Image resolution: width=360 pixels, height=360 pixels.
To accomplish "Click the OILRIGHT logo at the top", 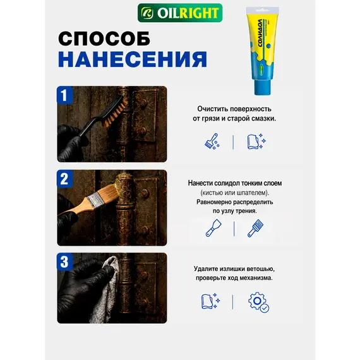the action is pos(180,13).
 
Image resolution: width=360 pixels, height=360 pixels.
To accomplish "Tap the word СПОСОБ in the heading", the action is pos(104,39).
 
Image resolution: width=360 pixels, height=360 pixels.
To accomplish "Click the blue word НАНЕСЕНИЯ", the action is pos(133,59).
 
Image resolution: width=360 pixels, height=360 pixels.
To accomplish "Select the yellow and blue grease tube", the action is pos(263,51).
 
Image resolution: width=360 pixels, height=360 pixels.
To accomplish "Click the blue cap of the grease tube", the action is pos(262,87).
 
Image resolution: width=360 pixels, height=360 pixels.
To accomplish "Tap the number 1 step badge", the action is pos(64,95).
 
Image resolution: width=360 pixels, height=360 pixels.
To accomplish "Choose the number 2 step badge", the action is pos(64,179).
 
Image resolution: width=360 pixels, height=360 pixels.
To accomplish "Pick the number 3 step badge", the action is pos(64,261).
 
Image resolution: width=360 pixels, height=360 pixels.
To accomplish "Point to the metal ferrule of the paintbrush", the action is pos(94,200).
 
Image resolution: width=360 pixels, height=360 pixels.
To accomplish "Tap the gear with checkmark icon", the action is pos(259,302).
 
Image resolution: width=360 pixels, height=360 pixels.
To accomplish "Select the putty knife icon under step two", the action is pos(213,228).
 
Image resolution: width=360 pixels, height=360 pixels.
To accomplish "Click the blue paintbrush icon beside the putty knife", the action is pos(255,228).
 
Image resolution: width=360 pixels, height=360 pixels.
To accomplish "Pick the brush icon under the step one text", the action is pos(212,141).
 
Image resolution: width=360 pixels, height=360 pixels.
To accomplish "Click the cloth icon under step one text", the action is pos(256,141).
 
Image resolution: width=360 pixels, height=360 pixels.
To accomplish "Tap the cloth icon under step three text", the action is pos(210,301).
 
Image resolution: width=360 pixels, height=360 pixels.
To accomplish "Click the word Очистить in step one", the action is pos(213,109).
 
